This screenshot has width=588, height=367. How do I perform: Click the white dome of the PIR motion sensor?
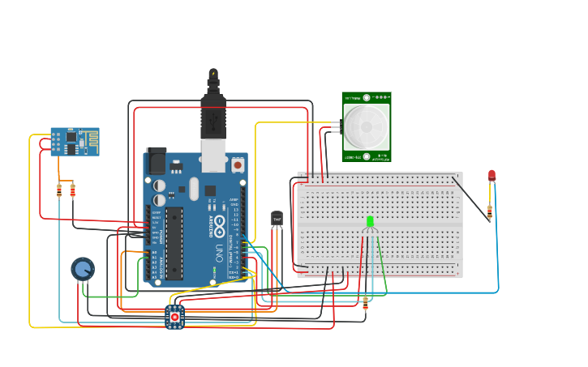366,126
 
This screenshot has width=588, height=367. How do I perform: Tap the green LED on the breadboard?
370,221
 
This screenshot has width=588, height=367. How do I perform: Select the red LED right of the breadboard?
491,175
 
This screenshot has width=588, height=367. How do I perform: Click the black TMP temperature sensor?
277,219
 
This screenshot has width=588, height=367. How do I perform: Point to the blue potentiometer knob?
83,268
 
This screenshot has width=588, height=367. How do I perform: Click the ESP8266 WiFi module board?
75,141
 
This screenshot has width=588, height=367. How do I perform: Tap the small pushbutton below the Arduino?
174,317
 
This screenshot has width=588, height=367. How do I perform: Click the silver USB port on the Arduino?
213,158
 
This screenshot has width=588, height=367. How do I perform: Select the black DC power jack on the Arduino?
156,160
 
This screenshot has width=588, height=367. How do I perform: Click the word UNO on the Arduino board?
219,253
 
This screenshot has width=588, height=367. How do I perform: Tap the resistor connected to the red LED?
489,212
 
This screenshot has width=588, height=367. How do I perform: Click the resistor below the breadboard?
365,303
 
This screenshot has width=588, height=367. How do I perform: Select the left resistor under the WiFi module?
59,190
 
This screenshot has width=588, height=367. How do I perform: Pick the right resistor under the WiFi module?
73,190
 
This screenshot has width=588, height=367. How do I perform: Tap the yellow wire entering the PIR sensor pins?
292,122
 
